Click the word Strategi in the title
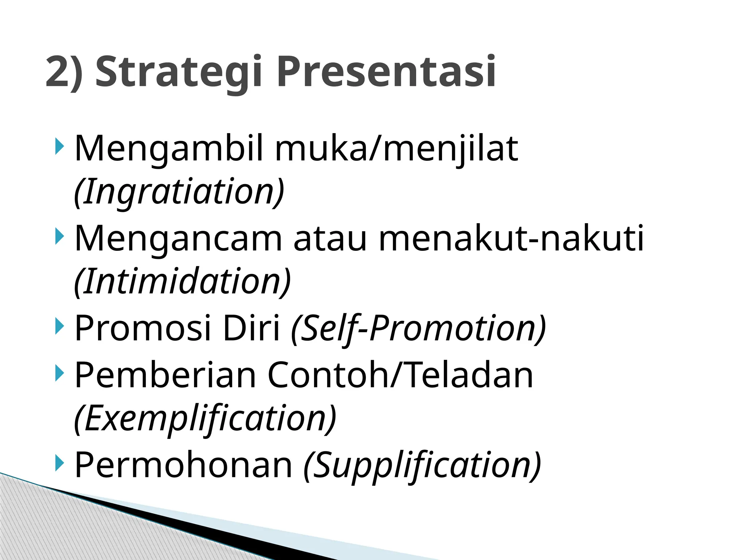pos(178,72)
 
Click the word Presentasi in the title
pos(386,72)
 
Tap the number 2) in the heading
pos(64,72)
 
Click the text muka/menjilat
pos(396,149)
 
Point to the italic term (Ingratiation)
pos(179,192)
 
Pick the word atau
pos(330,239)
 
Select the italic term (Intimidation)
pos(182,281)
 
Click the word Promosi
pos(143,328)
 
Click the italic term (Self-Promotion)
pos(418,328)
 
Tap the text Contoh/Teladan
pos(400,375)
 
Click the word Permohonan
pos(183,465)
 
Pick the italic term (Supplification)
pos(422,465)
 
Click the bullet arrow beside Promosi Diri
pos(59,326)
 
